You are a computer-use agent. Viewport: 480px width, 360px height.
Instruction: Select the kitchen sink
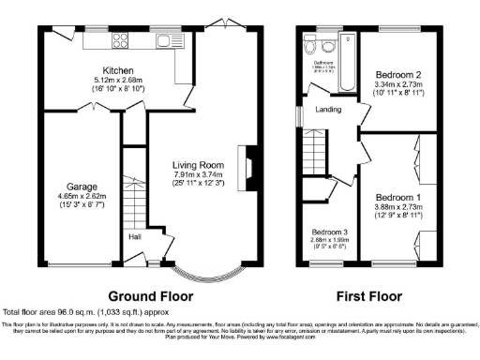click(x=169, y=40)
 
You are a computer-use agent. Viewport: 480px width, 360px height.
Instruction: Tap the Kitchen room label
click(x=118, y=70)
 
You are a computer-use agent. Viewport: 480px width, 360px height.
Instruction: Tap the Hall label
click(x=135, y=237)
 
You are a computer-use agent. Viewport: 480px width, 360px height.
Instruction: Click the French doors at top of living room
click(x=222, y=22)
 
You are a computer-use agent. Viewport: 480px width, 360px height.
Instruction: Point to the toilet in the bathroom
click(x=309, y=43)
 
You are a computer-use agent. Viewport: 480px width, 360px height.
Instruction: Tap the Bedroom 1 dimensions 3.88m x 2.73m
click(x=397, y=207)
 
